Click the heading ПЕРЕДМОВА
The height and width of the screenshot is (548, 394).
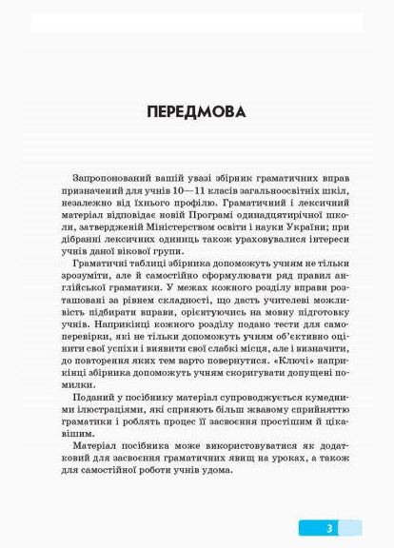196,111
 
